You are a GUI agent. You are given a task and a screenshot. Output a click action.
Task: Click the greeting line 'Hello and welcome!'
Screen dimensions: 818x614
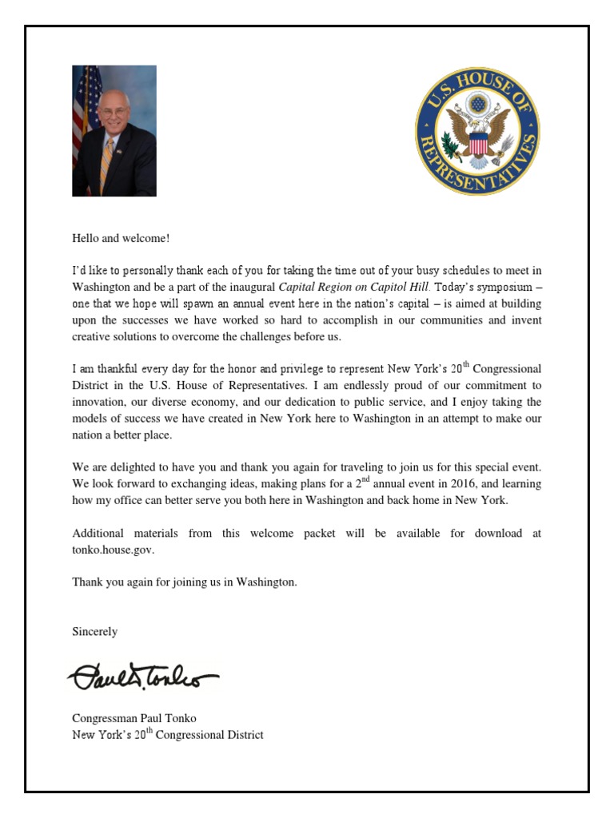pyautogui.click(x=121, y=238)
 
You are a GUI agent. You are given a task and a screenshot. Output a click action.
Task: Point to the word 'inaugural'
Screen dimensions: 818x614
pyautogui.click(x=249, y=286)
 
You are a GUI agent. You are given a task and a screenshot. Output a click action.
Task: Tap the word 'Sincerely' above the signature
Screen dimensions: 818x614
pyautogui.click(x=94, y=631)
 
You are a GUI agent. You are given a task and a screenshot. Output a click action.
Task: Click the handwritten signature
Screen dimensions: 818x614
pyautogui.click(x=142, y=678)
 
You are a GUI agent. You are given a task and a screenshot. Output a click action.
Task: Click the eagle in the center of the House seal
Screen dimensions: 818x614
pyautogui.click(x=477, y=133)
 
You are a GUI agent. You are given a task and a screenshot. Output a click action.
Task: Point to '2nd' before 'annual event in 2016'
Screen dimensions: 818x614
pyautogui.click(x=365, y=482)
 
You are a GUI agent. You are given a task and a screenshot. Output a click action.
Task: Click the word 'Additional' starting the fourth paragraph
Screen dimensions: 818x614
pyautogui.click(x=98, y=533)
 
